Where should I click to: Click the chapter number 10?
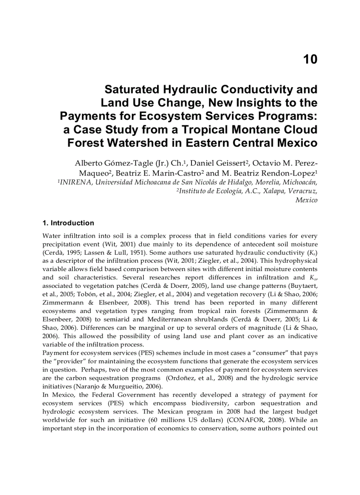point(310,60)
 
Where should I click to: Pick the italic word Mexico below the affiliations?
point(306,200)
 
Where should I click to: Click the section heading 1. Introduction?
point(68,223)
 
